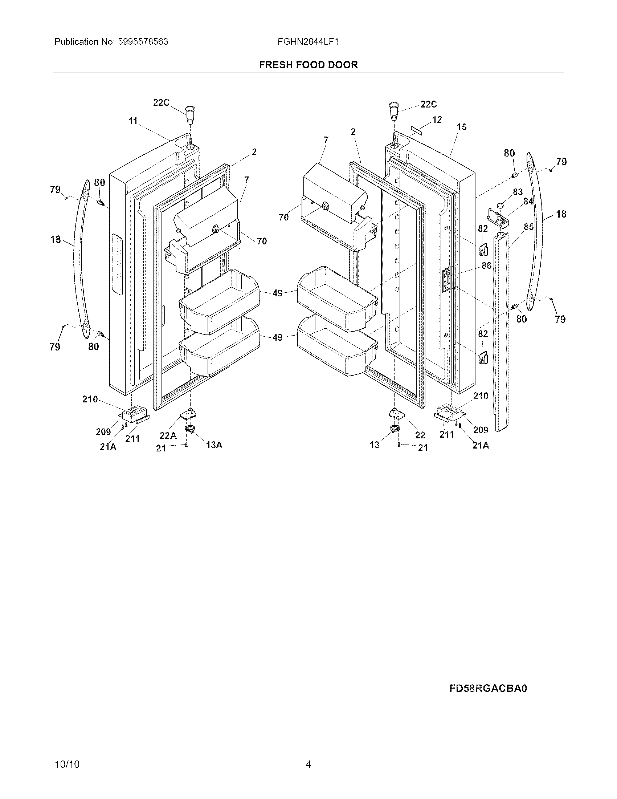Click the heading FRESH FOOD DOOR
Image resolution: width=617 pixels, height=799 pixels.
(x=308, y=65)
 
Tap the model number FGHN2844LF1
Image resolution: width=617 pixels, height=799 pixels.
(x=308, y=42)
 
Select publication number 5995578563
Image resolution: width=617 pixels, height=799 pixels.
(x=143, y=42)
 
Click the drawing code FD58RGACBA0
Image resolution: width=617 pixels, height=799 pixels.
(x=488, y=688)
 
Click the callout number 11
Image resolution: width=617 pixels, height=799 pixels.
(x=133, y=121)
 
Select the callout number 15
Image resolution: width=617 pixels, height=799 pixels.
(x=462, y=127)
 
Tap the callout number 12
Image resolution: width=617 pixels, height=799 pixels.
(x=436, y=119)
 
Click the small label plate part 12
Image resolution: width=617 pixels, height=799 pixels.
(x=419, y=131)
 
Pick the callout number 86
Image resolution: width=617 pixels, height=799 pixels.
(x=486, y=265)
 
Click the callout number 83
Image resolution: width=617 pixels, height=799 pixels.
(x=518, y=192)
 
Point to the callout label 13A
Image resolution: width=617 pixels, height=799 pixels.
(x=214, y=445)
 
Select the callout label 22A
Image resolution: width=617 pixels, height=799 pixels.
(x=168, y=435)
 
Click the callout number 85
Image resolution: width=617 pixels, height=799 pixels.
(x=528, y=227)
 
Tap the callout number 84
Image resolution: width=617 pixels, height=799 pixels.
(x=528, y=201)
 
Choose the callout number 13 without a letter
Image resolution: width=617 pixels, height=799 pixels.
(x=375, y=445)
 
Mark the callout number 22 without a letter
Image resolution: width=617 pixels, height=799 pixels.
(x=420, y=435)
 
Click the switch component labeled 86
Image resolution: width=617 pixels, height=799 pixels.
(x=446, y=280)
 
